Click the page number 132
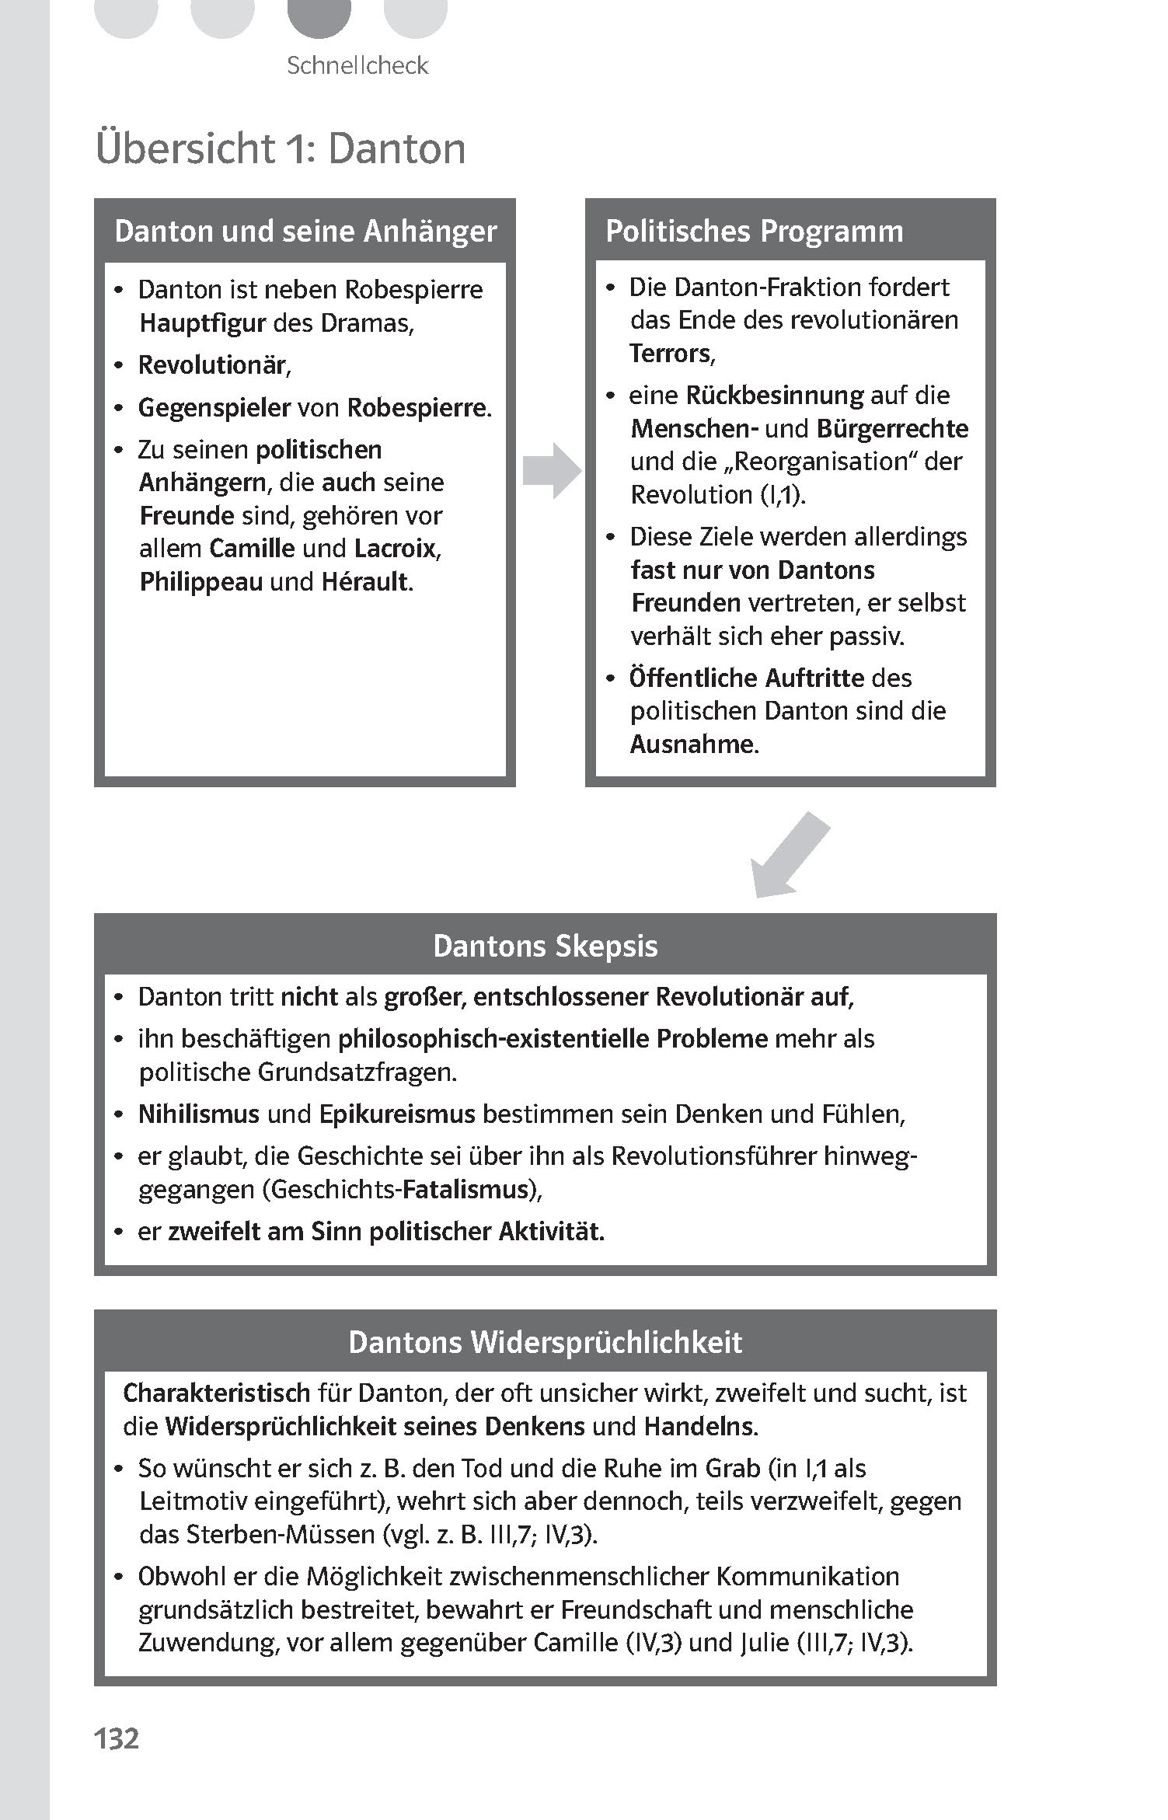click(117, 1738)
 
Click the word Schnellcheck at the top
click(357, 65)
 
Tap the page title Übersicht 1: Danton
click(281, 148)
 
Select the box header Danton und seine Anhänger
click(305, 232)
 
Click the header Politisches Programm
click(754, 232)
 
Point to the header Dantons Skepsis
click(545, 946)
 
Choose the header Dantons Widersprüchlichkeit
click(545, 1342)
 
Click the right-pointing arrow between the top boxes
click(552, 470)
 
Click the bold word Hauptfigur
click(202, 323)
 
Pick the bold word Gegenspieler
click(214, 408)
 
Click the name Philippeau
click(200, 582)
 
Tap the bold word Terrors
click(670, 354)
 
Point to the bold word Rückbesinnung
click(774, 396)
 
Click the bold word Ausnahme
click(692, 744)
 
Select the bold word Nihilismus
click(198, 1114)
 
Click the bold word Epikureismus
click(396, 1114)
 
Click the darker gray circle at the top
click(319, 16)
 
